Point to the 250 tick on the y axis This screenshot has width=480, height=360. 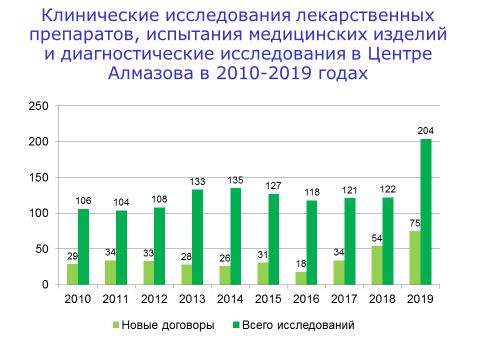click(x=37, y=106)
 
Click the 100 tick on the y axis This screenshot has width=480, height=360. click(x=37, y=213)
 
